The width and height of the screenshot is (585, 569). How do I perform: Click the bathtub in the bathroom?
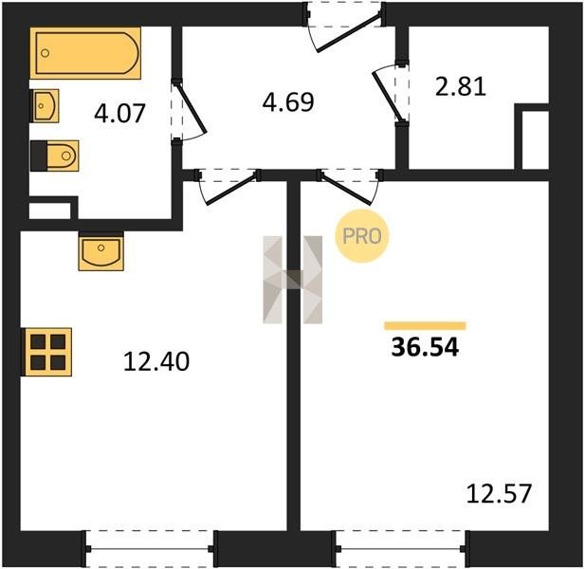click(x=85, y=53)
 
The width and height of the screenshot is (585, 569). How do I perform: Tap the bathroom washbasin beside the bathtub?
click(x=45, y=106)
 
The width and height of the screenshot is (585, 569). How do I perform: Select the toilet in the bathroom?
click(x=54, y=156)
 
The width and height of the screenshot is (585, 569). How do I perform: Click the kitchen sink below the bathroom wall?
click(x=101, y=251)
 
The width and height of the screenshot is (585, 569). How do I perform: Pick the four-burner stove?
click(x=47, y=352)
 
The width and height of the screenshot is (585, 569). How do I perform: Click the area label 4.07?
click(x=119, y=114)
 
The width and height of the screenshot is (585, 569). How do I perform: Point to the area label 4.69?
click(x=288, y=101)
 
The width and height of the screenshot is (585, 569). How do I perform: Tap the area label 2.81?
click(x=461, y=86)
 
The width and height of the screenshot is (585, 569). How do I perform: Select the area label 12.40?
click(x=156, y=361)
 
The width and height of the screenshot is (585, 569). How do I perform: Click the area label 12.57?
click(x=499, y=493)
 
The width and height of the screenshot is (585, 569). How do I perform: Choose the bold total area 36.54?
click(x=425, y=347)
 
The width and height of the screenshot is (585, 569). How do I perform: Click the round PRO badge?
click(x=362, y=236)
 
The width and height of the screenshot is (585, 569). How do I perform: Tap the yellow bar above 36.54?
click(x=426, y=326)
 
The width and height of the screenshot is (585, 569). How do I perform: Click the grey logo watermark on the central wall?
click(x=293, y=280)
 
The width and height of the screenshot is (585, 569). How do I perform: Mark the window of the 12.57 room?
click(x=401, y=549)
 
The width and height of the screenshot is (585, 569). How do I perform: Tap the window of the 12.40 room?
click(x=150, y=549)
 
